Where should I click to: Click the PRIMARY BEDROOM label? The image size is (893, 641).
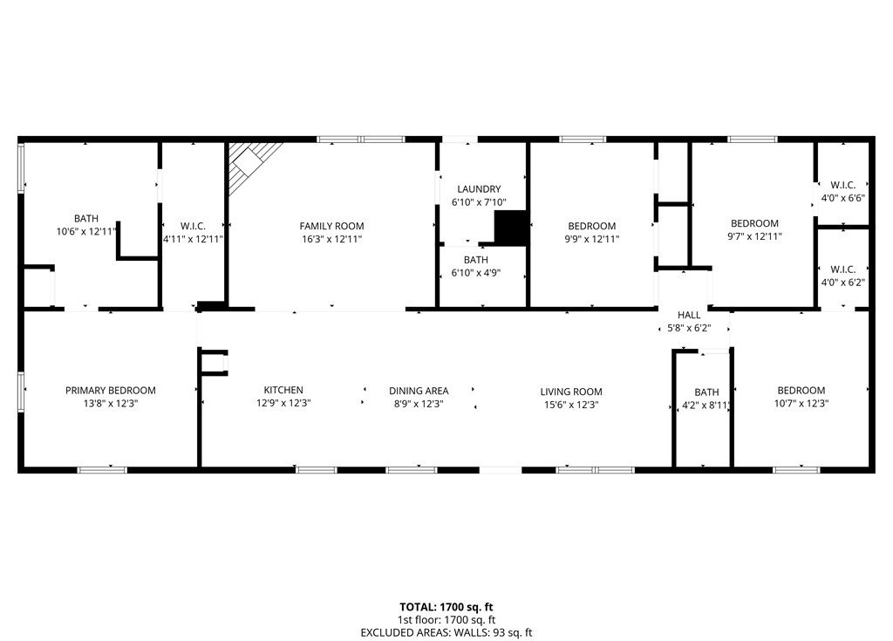pyautogui.click(x=111, y=391)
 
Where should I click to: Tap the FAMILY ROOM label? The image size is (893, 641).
pyautogui.click(x=331, y=226)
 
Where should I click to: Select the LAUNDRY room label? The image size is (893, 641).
pyautogui.click(x=479, y=188)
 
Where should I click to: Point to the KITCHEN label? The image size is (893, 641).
pyautogui.click(x=283, y=390)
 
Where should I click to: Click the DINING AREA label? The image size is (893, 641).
pyautogui.click(x=419, y=391)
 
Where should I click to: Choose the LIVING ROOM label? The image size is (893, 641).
pyautogui.click(x=571, y=392)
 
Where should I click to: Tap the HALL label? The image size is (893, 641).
pyautogui.click(x=689, y=315)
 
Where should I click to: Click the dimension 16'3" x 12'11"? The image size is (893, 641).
pyautogui.click(x=332, y=239)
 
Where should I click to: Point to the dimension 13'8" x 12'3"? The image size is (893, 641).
pyautogui.click(x=111, y=404)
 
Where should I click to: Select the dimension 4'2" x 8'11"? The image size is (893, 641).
pyautogui.click(x=706, y=406)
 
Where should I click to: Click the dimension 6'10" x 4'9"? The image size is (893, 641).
pyautogui.click(x=476, y=273)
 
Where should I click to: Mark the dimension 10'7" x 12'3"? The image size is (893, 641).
pyautogui.click(x=801, y=404)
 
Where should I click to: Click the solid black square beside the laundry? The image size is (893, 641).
pyautogui.click(x=509, y=228)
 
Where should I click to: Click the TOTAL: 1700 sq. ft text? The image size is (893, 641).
pyautogui.click(x=446, y=607)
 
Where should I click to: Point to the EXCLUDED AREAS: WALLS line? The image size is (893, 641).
pyautogui.click(x=446, y=632)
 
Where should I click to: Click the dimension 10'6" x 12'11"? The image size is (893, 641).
pyautogui.click(x=86, y=231)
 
